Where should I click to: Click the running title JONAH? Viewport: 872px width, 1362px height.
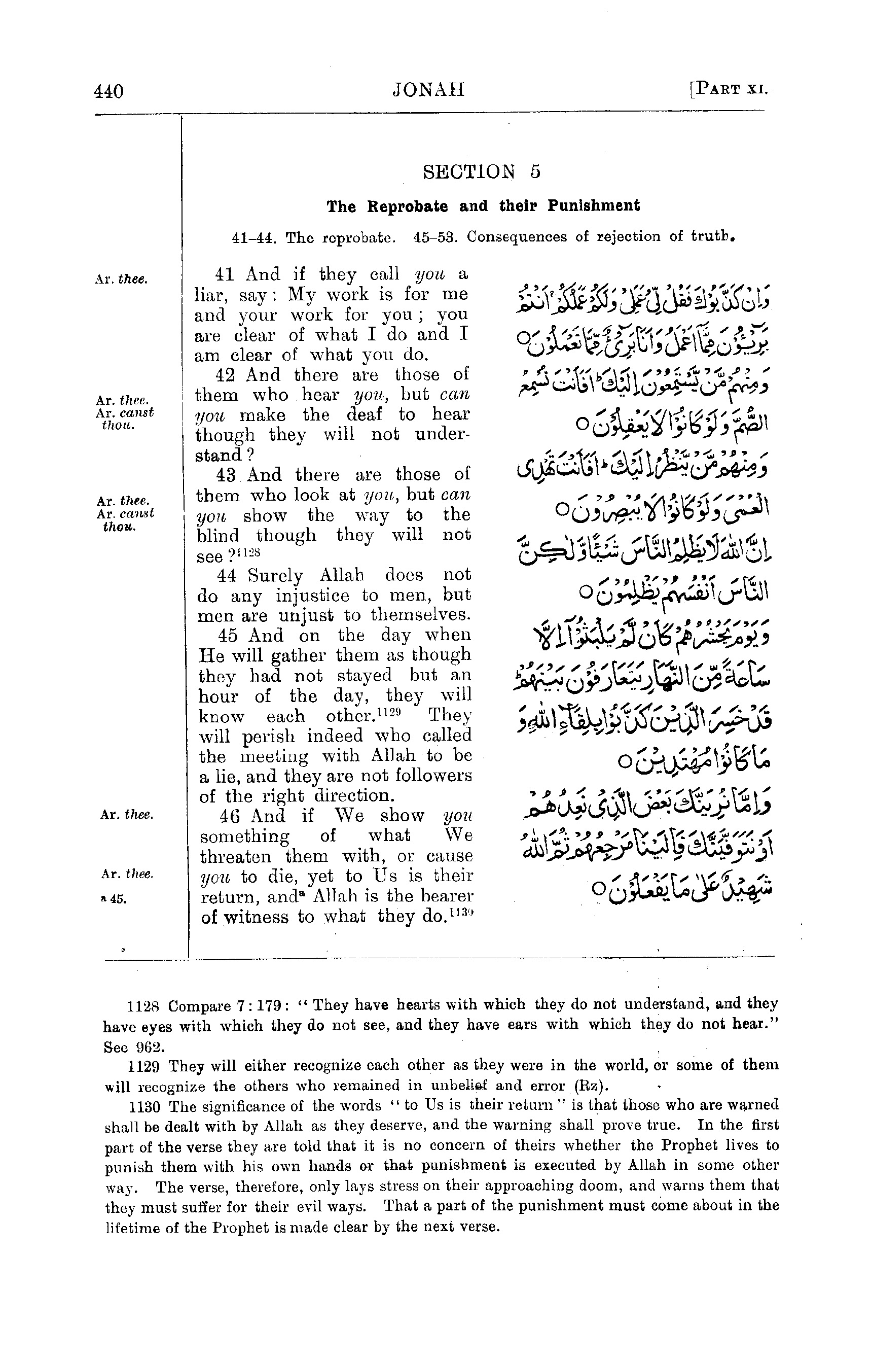(428, 89)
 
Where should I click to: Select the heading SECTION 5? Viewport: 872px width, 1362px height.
(481, 171)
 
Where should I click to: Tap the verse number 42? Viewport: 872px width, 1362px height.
(226, 375)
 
